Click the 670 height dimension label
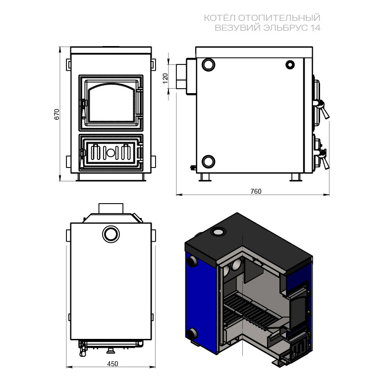(x=56, y=114)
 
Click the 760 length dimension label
(x=256, y=191)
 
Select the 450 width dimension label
(x=112, y=364)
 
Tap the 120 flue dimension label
(x=165, y=78)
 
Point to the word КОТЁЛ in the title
(x=220, y=18)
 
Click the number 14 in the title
(x=315, y=28)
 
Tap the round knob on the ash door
(x=110, y=153)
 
